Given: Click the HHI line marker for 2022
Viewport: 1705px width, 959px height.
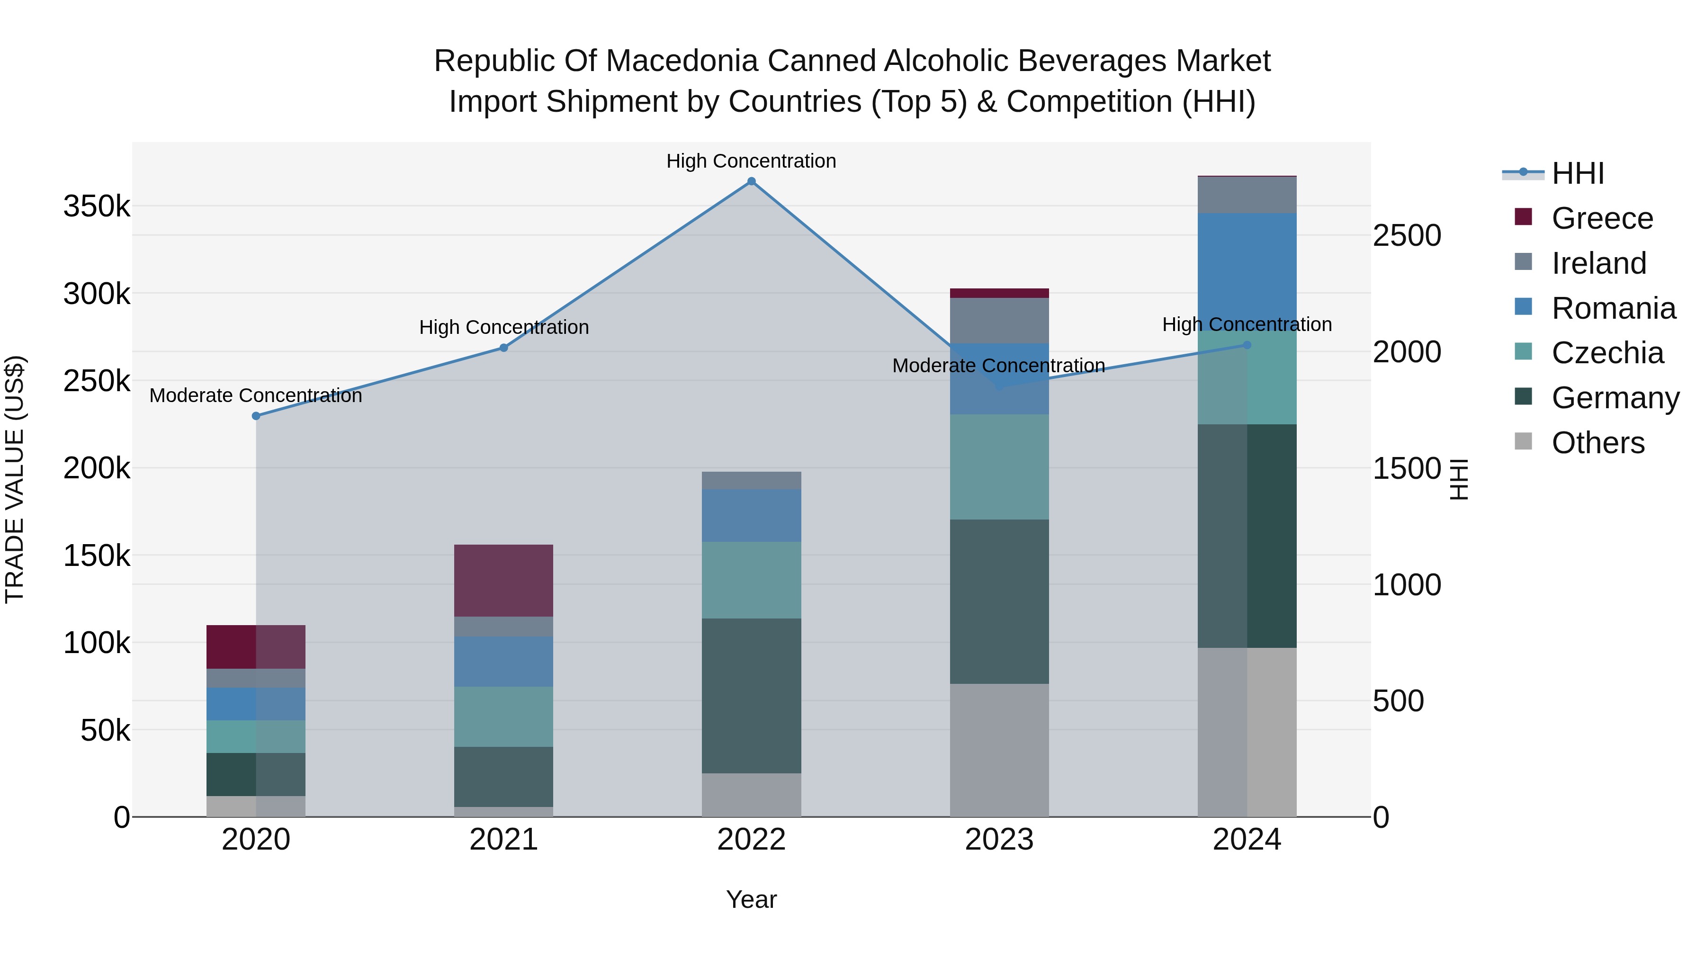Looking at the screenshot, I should pyautogui.click(x=751, y=181).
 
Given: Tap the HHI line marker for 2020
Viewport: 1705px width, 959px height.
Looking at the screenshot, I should pyautogui.click(x=256, y=416).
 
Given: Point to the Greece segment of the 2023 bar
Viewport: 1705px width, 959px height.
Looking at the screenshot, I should pyautogui.click(x=999, y=293).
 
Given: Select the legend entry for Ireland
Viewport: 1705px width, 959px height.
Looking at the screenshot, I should pyautogui.click(x=1598, y=263).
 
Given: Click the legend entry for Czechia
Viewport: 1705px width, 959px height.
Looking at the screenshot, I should pyautogui.click(x=1606, y=353).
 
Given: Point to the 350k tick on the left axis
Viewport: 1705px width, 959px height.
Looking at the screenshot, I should pyautogui.click(x=97, y=206).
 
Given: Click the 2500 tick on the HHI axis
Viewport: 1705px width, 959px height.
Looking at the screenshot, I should pyautogui.click(x=1407, y=236).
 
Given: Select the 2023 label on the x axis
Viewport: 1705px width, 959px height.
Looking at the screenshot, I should pyautogui.click(x=999, y=840).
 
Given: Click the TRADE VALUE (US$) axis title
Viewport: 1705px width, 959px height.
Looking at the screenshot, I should pyautogui.click(x=15, y=479).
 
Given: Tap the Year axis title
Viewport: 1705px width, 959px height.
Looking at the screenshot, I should pyautogui.click(x=751, y=899).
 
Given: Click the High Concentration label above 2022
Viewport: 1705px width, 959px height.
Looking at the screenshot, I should pyautogui.click(x=751, y=161).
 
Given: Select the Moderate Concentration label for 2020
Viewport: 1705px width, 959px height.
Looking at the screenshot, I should pyautogui.click(x=256, y=395).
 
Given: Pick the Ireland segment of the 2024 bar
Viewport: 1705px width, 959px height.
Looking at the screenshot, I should pyautogui.click(x=1247, y=195).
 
